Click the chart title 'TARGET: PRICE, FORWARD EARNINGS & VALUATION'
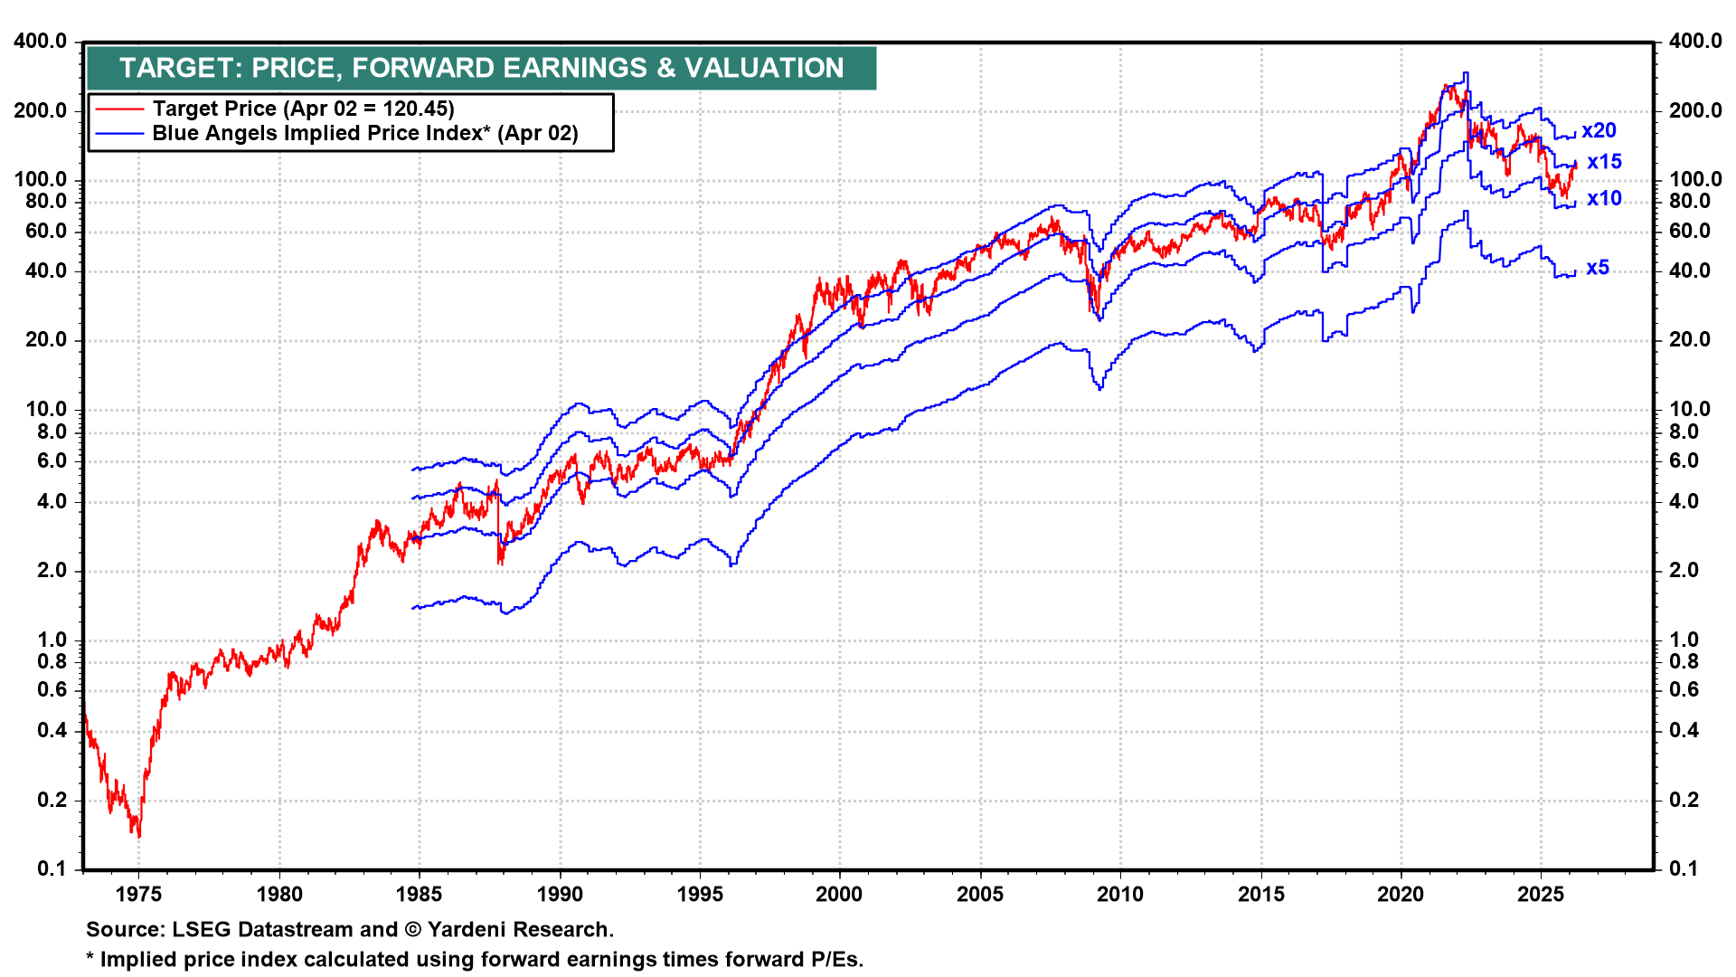click(481, 68)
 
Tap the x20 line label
click(1599, 130)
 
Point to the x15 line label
click(1604, 162)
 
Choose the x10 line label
click(1604, 198)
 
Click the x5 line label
click(1598, 268)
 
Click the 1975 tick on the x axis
click(138, 895)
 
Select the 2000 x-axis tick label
click(839, 895)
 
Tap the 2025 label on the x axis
click(1541, 895)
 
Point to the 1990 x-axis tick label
click(560, 895)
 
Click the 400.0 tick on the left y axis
click(41, 42)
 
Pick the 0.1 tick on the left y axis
click(52, 869)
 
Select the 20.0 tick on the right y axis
click(1689, 340)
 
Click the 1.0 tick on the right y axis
click(1684, 640)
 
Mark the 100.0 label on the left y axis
click(41, 180)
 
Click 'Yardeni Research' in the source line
click(520, 930)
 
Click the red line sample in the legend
click(119, 109)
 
